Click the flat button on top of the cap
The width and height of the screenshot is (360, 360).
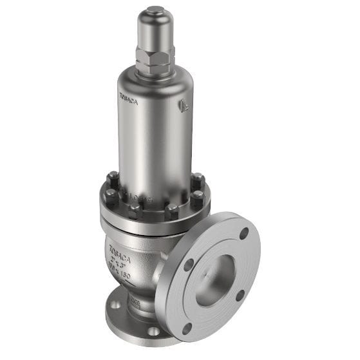(155, 10)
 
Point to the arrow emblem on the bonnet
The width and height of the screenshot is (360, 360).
(185, 104)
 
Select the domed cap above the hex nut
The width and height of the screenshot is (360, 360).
(155, 32)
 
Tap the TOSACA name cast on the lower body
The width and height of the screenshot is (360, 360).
(119, 247)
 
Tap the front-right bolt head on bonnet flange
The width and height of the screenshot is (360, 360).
(172, 210)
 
